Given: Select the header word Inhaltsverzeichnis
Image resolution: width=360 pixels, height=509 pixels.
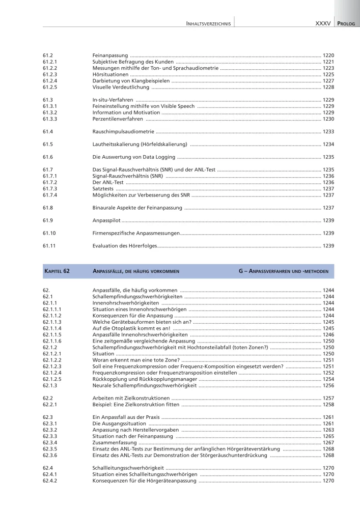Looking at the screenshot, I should [209, 23].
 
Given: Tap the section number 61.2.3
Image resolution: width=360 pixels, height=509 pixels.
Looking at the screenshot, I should [50, 74].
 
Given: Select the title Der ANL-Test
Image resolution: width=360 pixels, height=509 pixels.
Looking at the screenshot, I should [108, 182].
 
